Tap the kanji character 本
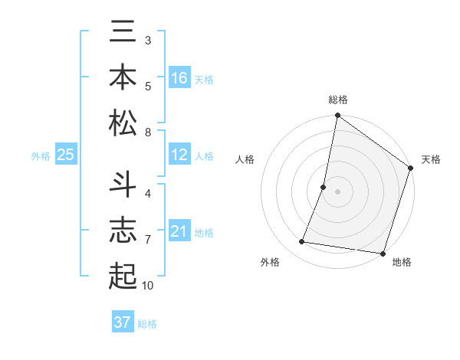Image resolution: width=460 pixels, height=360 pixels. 123,77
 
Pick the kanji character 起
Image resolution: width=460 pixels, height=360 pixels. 123,273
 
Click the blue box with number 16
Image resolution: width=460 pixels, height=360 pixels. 179,78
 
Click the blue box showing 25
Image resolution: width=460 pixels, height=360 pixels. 65,155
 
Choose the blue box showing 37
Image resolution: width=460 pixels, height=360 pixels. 123,322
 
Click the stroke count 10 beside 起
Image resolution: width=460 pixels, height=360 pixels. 148,286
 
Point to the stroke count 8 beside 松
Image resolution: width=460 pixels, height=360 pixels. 148,133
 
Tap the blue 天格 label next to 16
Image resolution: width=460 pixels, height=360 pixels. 204,79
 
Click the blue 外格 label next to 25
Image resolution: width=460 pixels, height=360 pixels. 41,156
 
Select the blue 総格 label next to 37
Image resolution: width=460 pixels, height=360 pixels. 147,323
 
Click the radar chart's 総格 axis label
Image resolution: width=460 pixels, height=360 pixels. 338,100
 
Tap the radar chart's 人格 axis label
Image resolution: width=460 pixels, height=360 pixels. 245,159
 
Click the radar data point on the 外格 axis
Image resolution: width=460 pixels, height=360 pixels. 302,242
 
